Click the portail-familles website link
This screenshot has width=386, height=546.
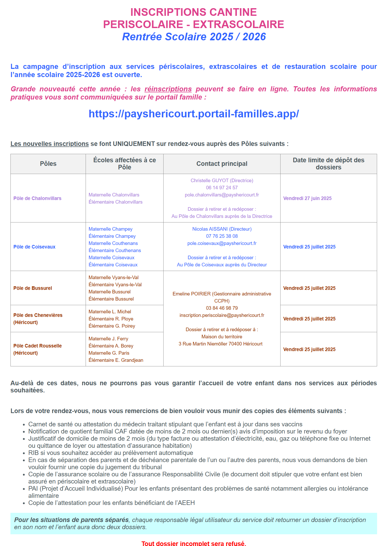[194, 114]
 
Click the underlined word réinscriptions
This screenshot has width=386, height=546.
[168, 89]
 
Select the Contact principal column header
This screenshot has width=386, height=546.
[222, 164]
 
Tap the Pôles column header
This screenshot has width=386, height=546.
[48, 164]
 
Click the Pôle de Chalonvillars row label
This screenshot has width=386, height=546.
[37, 198]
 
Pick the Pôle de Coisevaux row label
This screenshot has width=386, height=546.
[34, 247]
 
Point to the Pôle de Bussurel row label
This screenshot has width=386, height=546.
[33, 288]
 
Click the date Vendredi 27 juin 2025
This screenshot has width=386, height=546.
[307, 198]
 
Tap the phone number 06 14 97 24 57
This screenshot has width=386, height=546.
[222, 188]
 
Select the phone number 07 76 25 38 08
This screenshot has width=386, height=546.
[222, 236]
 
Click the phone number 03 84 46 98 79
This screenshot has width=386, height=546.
[222, 308]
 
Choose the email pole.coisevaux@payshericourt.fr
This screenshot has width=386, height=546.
[222, 243]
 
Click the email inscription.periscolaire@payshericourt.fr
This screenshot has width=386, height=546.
[222, 315]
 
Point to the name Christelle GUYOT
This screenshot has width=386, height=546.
[209, 181]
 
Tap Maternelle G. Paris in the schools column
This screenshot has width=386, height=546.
[109, 353]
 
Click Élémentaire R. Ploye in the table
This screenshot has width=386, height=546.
[111, 319]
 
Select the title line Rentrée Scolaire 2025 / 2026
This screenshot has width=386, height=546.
[194, 37]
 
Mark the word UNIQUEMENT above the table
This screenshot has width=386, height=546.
[134, 144]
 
